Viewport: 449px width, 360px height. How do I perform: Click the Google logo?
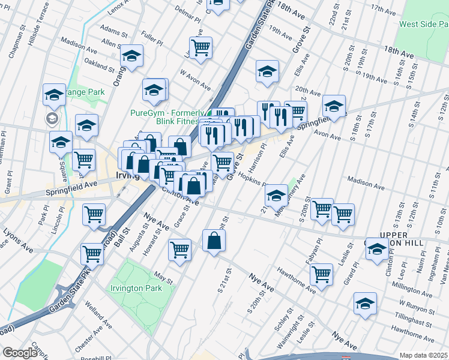(x=19, y=353)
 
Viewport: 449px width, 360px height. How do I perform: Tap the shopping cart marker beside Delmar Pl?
(x=200, y=47)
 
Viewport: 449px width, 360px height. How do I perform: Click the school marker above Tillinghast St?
(x=365, y=304)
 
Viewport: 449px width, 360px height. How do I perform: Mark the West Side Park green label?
(x=424, y=25)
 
